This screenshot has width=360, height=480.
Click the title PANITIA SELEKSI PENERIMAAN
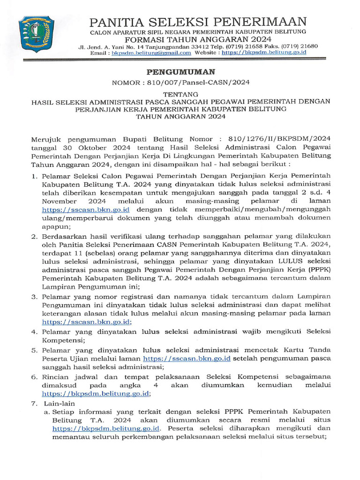click(x=198, y=22)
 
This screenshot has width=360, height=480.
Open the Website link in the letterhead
click(x=264, y=53)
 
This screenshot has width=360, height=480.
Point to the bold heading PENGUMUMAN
click(x=180, y=72)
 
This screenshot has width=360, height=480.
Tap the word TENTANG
click(x=180, y=94)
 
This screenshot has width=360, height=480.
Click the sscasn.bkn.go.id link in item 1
click(x=85, y=209)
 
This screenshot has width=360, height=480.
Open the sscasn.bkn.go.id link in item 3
click(x=86, y=322)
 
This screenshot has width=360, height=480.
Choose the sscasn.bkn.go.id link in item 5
click(x=187, y=359)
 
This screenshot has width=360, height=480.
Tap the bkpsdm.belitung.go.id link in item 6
click(x=95, y=393)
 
